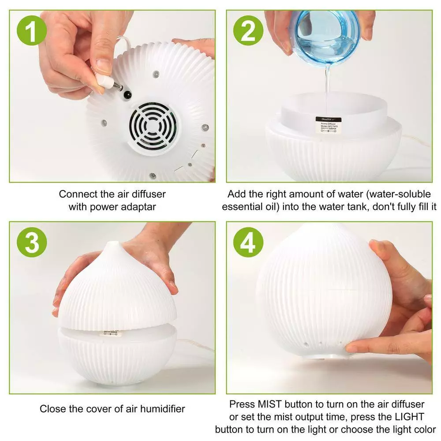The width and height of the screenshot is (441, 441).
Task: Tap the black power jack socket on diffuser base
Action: click(128, 94)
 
